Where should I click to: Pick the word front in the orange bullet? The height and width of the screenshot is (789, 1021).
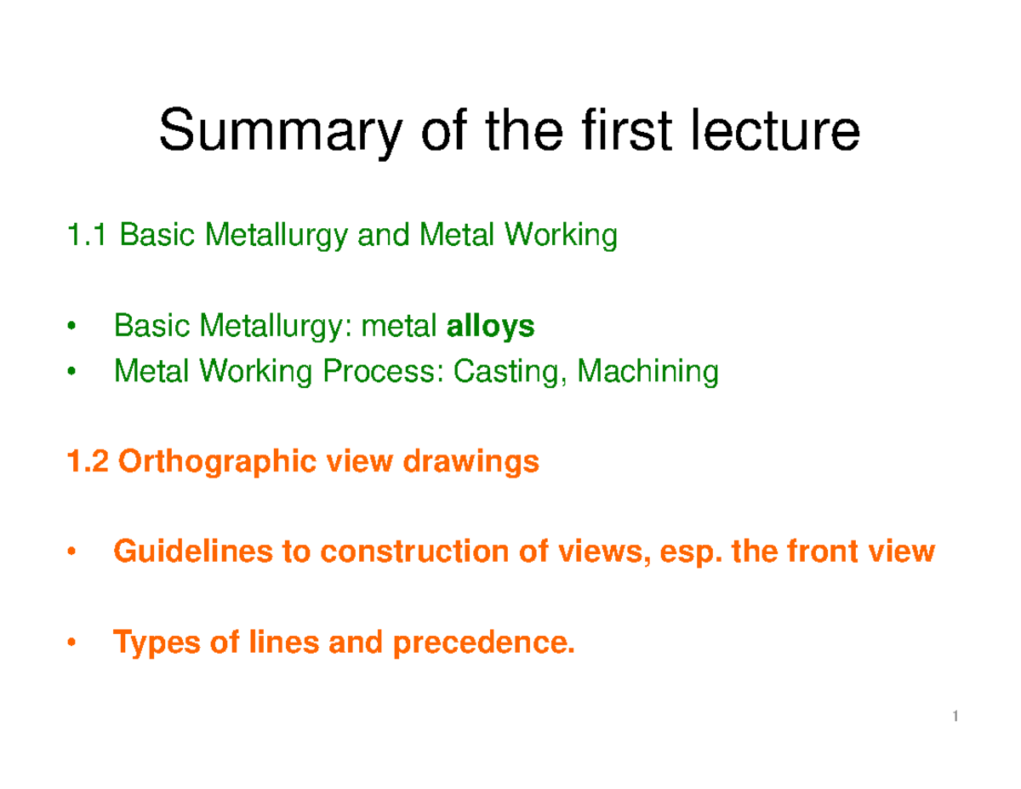point(820,553)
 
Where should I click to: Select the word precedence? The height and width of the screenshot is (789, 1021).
point(484,644)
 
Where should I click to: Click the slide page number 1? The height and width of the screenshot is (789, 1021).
point(955,719)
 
